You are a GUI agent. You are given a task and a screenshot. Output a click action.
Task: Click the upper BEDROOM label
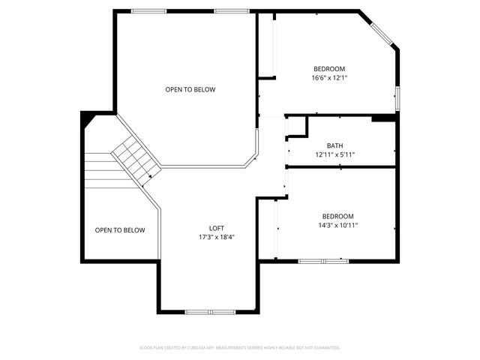[x=329, y=68]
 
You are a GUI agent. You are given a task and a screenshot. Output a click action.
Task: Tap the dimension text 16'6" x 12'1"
[x=329, y=77]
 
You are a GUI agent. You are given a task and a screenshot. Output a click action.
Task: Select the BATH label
[x=335, y=145]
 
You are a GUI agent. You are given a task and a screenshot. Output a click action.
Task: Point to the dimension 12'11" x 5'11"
[x=335, y=154]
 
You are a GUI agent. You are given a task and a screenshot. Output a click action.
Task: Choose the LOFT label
[x=217, y=228]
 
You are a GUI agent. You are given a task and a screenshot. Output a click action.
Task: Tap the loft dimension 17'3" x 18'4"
[x=217, y=237]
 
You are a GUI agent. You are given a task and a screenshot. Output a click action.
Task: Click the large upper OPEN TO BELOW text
[x=190, y=90]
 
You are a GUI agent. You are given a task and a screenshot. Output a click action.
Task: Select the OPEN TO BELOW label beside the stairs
[x=120, y=230]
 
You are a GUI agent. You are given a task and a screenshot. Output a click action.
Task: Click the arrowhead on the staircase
[x=151, y=176]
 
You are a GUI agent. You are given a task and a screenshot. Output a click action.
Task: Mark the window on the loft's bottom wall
[x=211, y=311]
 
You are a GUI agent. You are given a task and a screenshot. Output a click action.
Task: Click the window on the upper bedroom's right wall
[x=397, y=97]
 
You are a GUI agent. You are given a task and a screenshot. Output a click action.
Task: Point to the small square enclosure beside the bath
[x=297, y=126]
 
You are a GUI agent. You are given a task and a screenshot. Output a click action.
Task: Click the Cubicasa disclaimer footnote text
[x=240, y=348]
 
